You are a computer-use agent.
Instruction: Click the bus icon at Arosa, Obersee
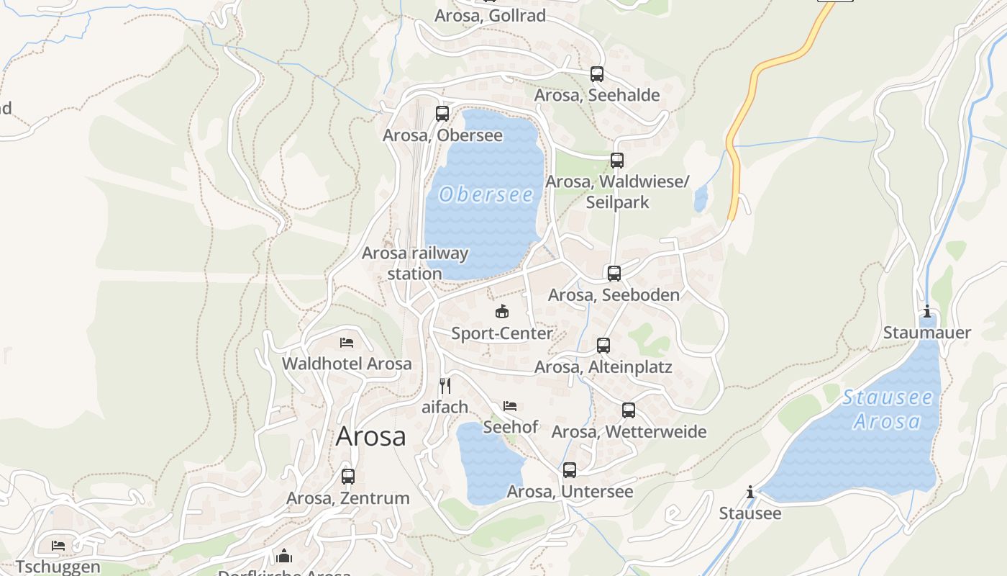442,113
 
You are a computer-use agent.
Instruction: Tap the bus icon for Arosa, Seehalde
596,73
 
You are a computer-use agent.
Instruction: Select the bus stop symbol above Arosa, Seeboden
614,274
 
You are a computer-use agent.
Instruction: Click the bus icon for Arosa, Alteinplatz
603,346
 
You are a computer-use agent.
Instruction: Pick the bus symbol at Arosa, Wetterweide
628,410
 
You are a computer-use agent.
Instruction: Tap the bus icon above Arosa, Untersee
570,470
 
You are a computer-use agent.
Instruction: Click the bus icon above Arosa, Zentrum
348,476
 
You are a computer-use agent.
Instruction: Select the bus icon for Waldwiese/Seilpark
616,160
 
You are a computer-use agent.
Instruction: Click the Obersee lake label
486,194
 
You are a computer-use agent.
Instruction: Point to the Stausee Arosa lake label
887,409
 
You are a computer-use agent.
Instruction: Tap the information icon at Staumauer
927,312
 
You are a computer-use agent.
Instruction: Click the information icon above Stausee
750,492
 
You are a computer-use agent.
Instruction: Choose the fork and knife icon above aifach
445,386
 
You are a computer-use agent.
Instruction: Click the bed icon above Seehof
510,406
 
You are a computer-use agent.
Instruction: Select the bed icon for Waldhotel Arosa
347,342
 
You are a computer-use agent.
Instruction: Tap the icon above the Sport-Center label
501,312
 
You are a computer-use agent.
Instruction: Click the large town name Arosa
370,436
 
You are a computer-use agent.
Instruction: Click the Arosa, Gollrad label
491,15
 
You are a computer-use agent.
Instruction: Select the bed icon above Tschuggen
58,545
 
